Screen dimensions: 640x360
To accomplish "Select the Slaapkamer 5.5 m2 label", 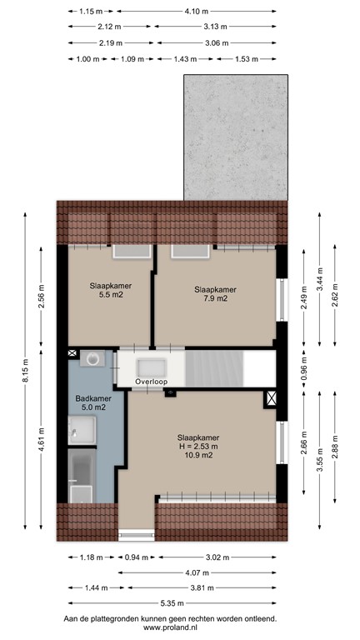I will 106,290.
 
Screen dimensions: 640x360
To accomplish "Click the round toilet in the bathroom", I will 93,359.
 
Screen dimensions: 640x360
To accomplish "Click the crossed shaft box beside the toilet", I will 72,354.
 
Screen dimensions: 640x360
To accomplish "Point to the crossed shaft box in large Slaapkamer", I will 269,398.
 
